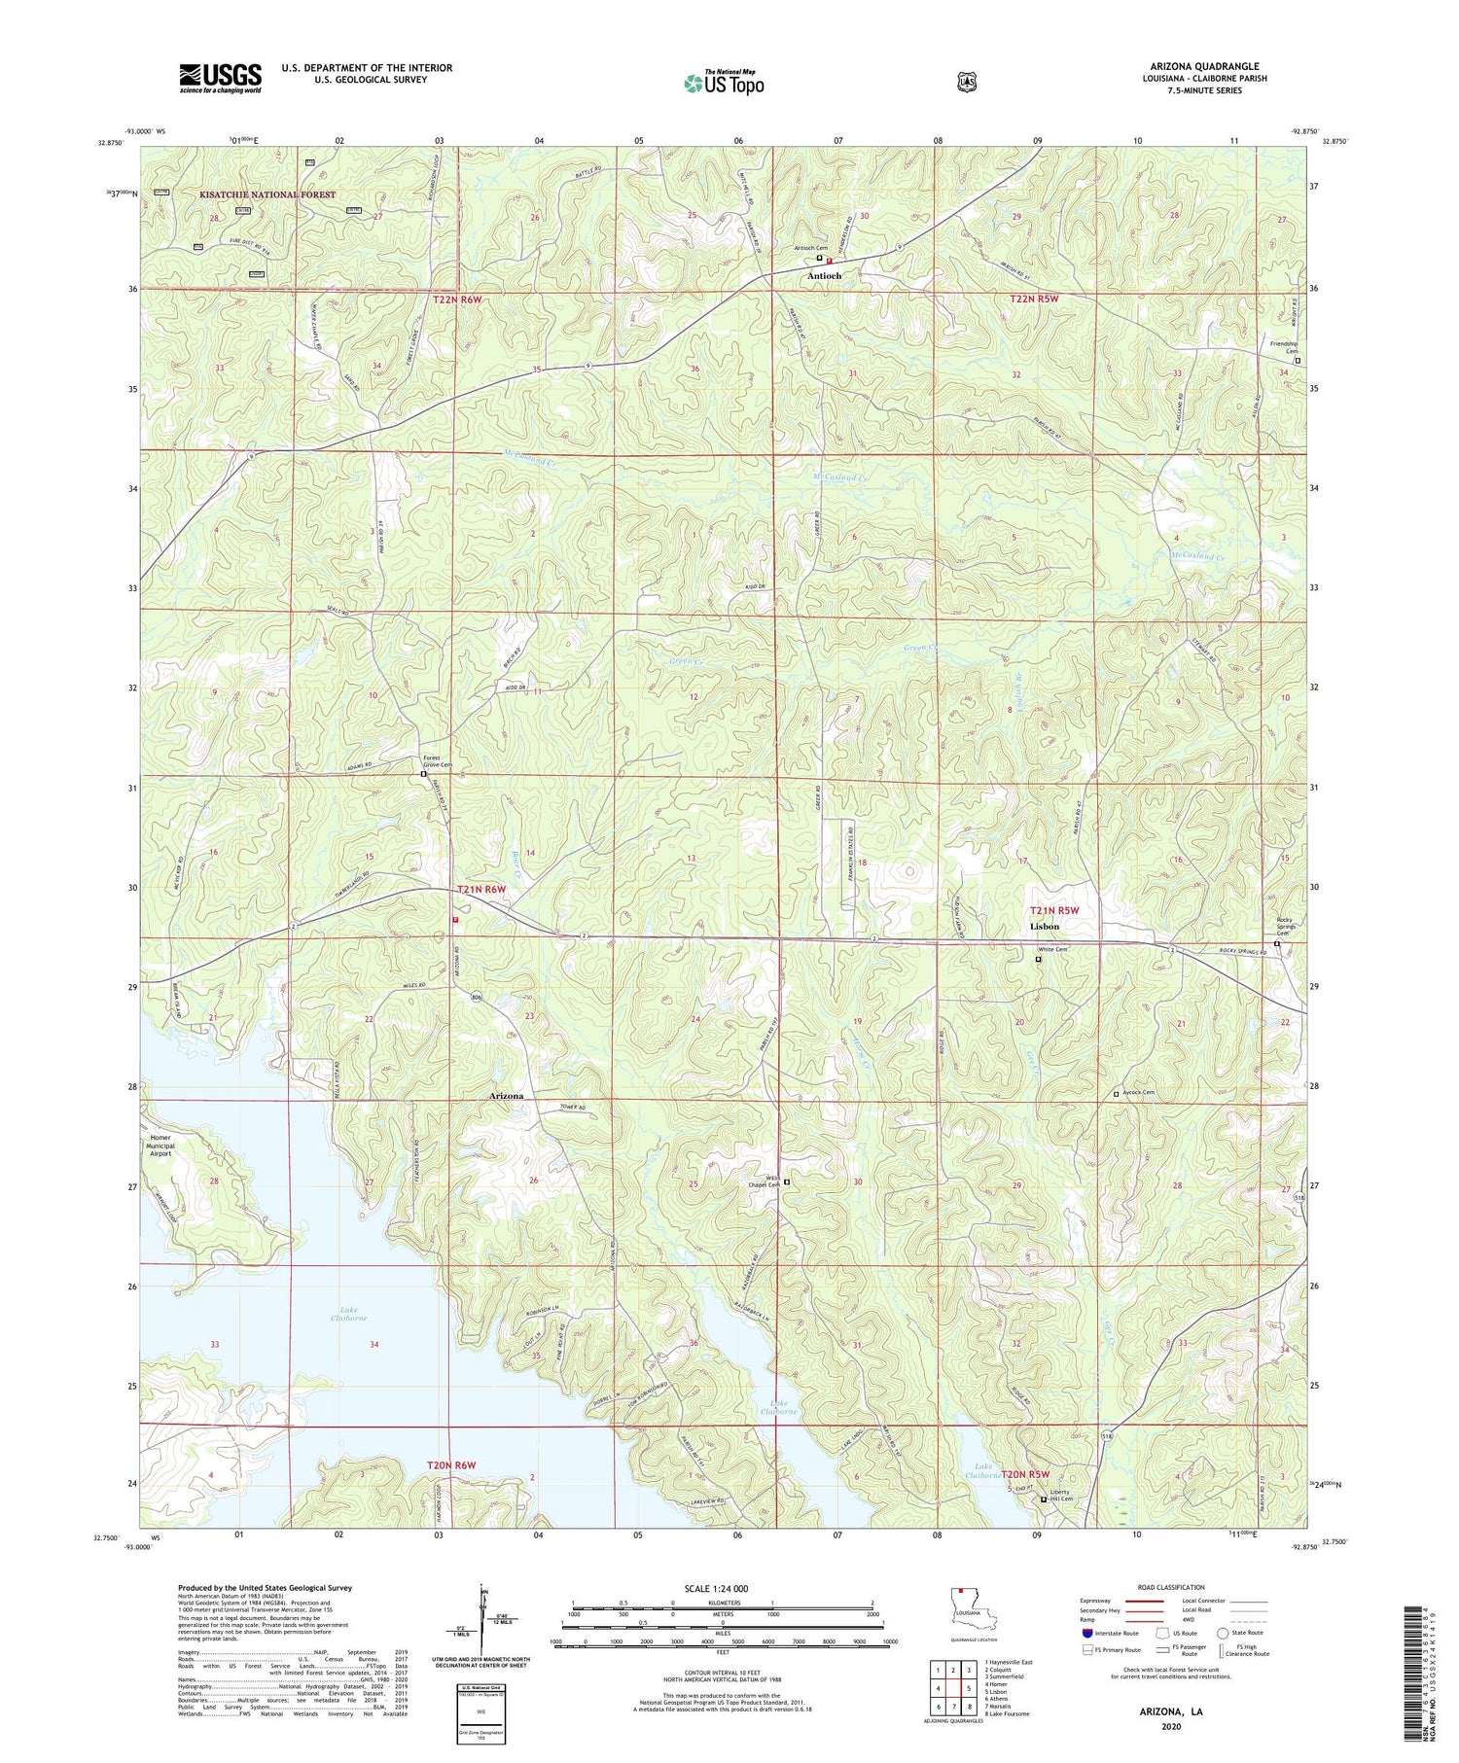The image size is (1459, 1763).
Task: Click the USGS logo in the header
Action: [x=220, y=78]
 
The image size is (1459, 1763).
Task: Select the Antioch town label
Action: [x=823, y=276]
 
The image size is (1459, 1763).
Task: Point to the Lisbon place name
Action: [x=1044, y=927]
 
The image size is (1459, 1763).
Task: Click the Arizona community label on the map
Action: [x=506, y=1096]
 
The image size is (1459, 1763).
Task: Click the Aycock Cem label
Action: [x=1139, y=1092]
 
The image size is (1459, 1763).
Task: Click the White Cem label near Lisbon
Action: [x=1052, y=950]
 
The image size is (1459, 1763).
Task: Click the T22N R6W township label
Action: [x=457, y=300]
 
